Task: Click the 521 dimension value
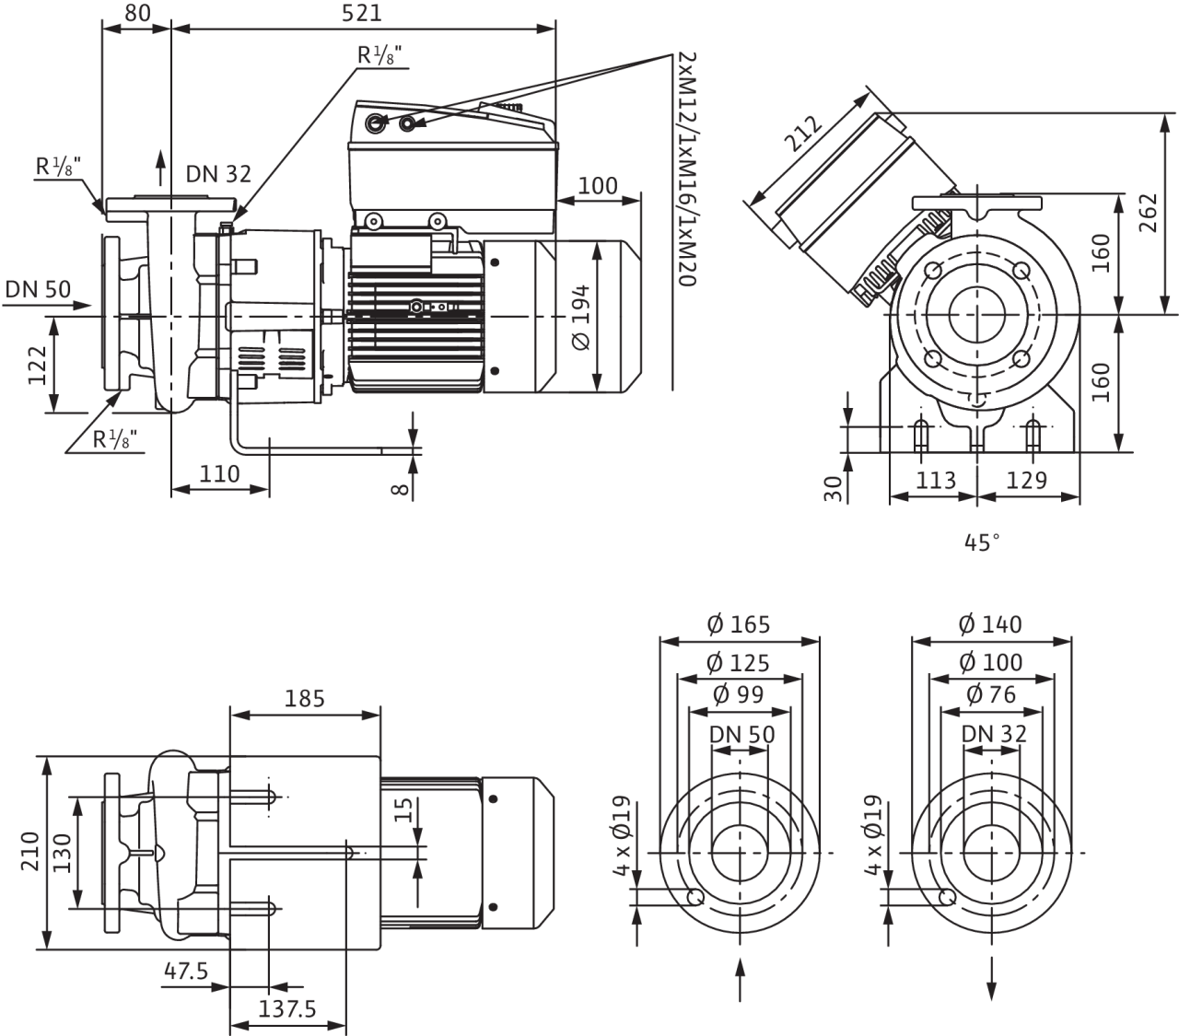coord(361,13)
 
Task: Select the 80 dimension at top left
coord(137,13)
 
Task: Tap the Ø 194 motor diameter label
coord(581,318)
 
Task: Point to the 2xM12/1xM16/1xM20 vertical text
coord(688,169)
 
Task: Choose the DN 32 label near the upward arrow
coord(219,173)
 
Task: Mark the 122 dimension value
coord(37,366)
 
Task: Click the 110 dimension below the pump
coord(219,474)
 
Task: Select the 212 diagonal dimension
coord(803,134)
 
